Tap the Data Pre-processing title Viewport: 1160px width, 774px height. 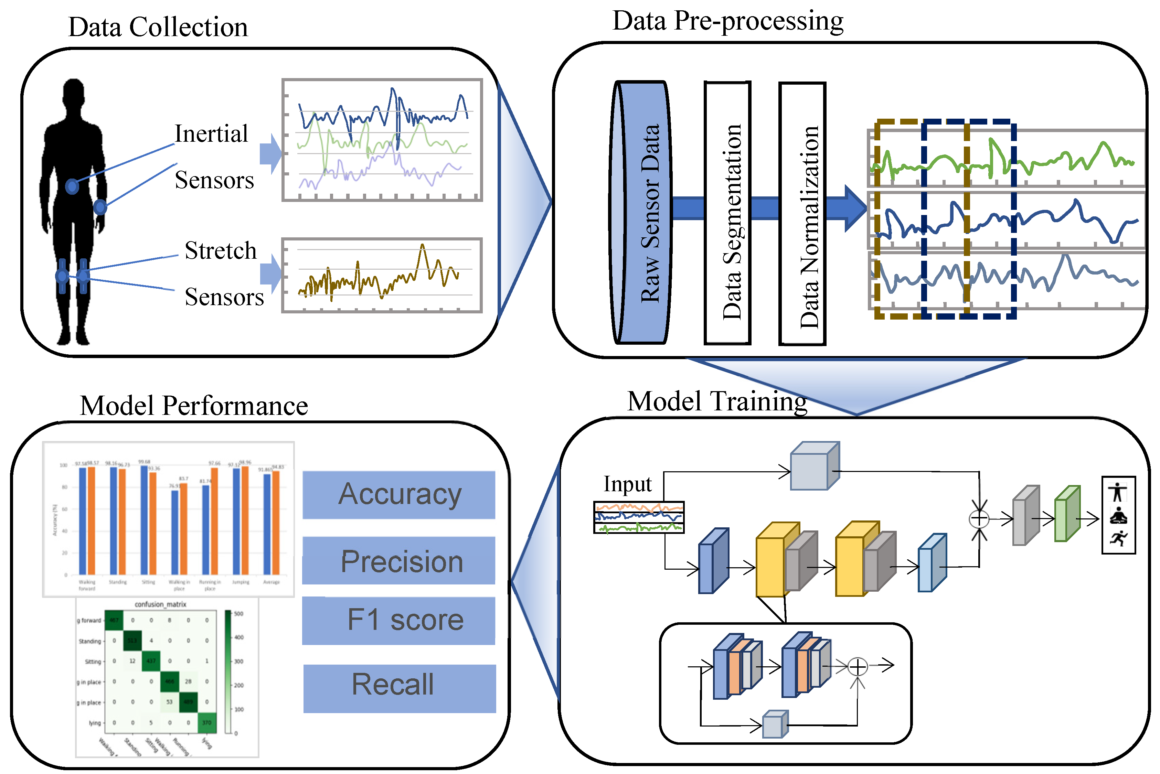pos(727,22)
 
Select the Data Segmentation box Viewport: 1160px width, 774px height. pos(727,213)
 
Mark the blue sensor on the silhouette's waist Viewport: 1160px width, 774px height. pos(72,186)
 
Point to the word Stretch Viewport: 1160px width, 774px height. pos(221,251)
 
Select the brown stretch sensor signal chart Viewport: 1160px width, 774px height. pos(382,275)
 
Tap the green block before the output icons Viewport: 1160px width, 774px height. pos(1067,513)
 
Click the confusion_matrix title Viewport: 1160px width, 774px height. pos(160,604)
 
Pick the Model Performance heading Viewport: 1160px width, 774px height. pos(194,406)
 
